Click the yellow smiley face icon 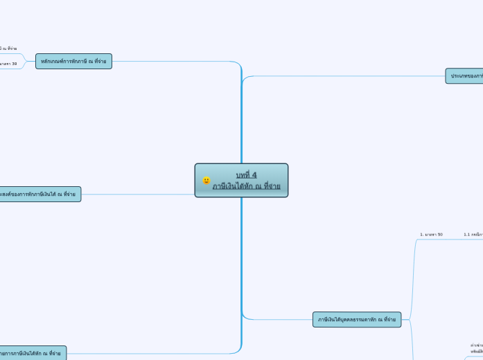(206, 181)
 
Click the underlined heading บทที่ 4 (246, 175)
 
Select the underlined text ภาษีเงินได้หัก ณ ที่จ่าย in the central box (246, 186)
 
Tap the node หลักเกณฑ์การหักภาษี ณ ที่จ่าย (73, 61)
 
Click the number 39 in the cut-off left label (14, 64)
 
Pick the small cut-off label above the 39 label (8, 48)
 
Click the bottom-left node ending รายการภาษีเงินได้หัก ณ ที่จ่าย (32, 353)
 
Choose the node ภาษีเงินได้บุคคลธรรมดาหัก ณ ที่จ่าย (357, 319)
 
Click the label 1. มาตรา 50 (431, 235)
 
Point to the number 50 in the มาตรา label (439, 235)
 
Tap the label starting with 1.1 (473, 235)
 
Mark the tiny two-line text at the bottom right (477, 348)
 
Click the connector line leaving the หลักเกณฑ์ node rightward (173, 61)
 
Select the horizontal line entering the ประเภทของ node (346, 75)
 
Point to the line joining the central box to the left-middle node (139, 195)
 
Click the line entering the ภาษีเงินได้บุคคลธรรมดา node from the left (277, 319)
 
